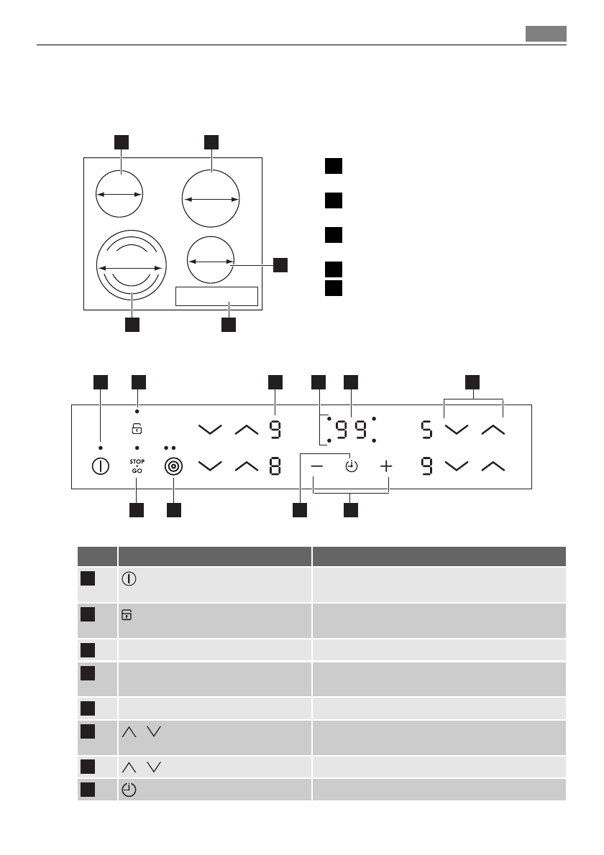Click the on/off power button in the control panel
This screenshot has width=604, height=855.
100,466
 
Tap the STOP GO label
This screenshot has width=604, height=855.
137,465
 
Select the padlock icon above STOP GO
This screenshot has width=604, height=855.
137,430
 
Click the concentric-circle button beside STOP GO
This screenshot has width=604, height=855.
173,466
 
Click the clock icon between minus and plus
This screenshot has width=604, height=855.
351,466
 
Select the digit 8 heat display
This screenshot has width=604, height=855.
275,466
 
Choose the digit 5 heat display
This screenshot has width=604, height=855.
427,430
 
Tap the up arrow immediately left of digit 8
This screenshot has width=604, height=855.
246,466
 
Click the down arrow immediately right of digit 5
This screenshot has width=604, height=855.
457,430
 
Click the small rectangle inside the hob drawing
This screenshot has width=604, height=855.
216,296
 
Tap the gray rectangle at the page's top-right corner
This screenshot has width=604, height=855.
545,34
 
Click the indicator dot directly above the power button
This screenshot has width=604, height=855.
100,448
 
